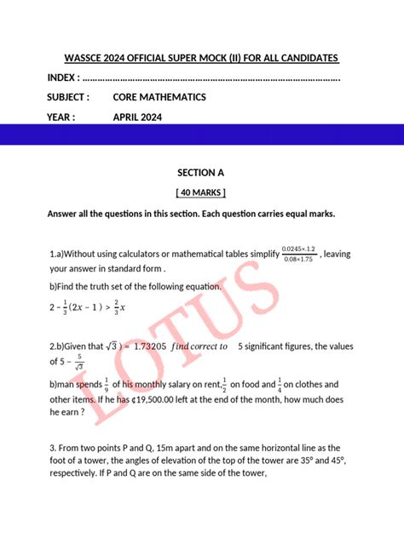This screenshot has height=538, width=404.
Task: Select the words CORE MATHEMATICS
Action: [x=159, y=97]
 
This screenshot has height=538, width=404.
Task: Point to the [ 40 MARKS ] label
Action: [x=201, y=192]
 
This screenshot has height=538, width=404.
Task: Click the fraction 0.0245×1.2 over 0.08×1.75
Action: [x=299, y=253]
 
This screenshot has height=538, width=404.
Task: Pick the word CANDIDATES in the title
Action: [x=303, y=58]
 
